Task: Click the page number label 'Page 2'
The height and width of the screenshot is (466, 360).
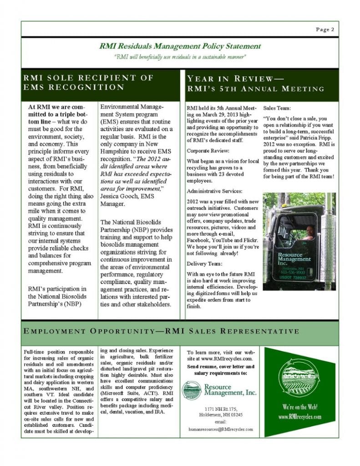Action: click(325, 30)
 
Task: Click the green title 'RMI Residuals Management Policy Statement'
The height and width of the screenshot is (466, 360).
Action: click(180, 46)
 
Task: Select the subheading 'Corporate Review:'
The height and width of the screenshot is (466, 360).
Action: click(206, 150)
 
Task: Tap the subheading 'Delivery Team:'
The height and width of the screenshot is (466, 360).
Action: click(204, 263)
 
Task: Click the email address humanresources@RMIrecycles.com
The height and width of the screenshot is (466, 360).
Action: click(221, 429)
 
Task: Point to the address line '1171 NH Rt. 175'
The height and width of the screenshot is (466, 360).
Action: click(221, 409)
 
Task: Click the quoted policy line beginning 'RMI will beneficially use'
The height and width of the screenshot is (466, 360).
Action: click(180, 56)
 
